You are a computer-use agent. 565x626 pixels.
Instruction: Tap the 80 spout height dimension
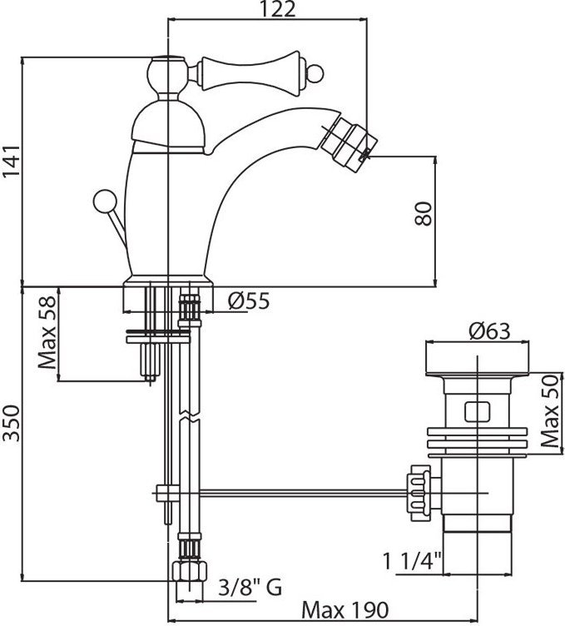pos(423,216)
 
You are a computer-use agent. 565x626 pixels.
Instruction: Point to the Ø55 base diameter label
pos(247,301)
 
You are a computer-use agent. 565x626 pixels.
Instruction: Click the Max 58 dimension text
pos(47,335)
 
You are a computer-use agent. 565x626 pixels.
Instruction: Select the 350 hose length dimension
pos(11,434)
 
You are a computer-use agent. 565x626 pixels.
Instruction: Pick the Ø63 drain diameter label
pos(488,330)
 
